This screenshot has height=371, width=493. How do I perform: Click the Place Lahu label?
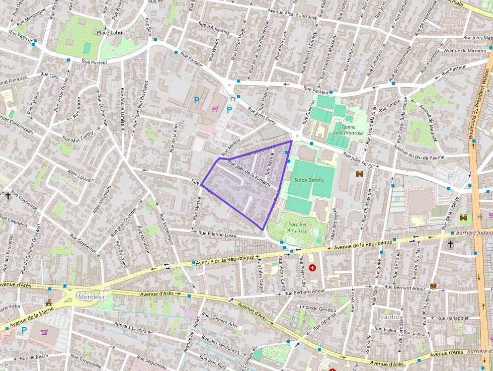pos(109,33)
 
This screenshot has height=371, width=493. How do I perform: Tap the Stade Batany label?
pos(309,180)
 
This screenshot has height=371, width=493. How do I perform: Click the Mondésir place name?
pos(92,297)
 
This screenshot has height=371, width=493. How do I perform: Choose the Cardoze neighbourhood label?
pos(391,317)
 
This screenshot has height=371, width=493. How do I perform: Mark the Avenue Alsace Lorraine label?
pos(292,14)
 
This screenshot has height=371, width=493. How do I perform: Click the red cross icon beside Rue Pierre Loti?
pos(312,268)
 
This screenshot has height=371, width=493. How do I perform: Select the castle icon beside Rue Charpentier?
pos(359,174)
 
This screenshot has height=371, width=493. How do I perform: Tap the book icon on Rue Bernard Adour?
pos(434,286)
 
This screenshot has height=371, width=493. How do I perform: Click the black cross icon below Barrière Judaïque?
pos(450,244)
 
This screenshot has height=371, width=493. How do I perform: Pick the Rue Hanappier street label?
pos(453,318)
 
